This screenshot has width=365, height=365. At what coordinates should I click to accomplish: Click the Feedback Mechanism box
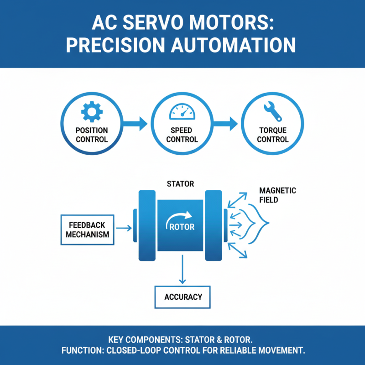pos(88,229)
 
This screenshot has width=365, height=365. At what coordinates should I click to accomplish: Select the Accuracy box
pos(183,297)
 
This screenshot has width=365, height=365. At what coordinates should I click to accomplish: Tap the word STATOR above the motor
pos(181,184)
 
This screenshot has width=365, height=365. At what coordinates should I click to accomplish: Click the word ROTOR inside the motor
pos(182,227)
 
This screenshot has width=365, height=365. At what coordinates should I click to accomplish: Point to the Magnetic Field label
pos(277,195)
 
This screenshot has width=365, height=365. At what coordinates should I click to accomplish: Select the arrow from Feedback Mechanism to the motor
pos(123,227)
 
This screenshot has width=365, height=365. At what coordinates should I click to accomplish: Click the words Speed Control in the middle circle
pos(182,135)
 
